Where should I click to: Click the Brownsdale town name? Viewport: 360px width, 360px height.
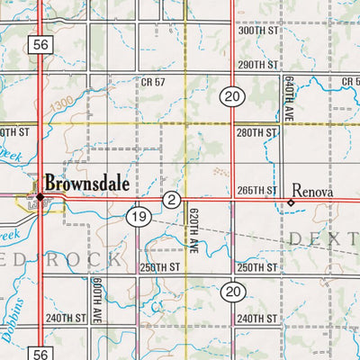[x=87, y=182]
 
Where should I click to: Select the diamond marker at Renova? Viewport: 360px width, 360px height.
[x=291, y=203]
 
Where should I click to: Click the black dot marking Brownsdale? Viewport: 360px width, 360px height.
[x=40, y=196]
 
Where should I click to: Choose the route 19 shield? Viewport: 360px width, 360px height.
[x=138, y=217]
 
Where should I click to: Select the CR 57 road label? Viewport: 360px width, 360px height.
[x=154, y=82]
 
